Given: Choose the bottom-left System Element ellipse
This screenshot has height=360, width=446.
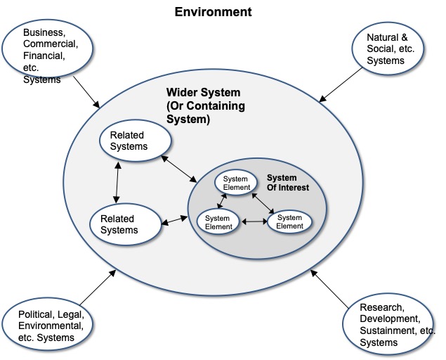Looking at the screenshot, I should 218,222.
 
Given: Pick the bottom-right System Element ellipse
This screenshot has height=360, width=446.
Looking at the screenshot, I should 289,221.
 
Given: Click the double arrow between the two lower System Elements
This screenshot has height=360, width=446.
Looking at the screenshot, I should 254,222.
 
